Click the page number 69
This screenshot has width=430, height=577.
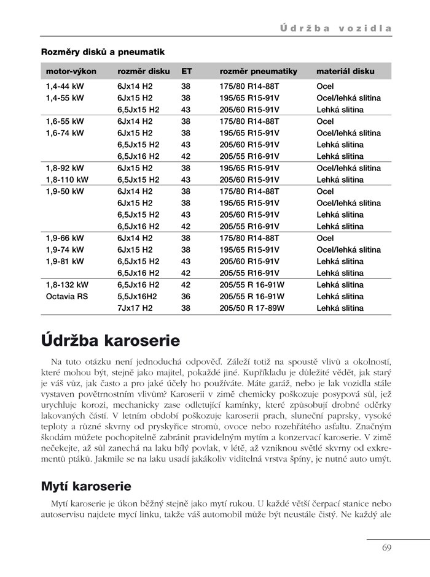(386, 548)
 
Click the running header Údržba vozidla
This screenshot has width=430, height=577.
(336, 28)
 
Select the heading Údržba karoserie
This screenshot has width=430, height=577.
(110, 340)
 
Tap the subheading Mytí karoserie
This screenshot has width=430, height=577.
(86, 487)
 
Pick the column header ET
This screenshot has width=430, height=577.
(186, 71)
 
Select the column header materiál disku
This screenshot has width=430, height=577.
(345, 71)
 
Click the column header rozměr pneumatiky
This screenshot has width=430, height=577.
(258, 71)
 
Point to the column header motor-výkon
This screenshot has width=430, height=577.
(71, 71)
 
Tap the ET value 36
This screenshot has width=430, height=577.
(186, 296)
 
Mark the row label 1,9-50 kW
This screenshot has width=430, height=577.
(65, 191)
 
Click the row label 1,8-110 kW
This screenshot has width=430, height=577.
(67, 180)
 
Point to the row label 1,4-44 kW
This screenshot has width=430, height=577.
(65, 86)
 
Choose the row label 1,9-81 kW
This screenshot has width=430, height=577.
(65, 261)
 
